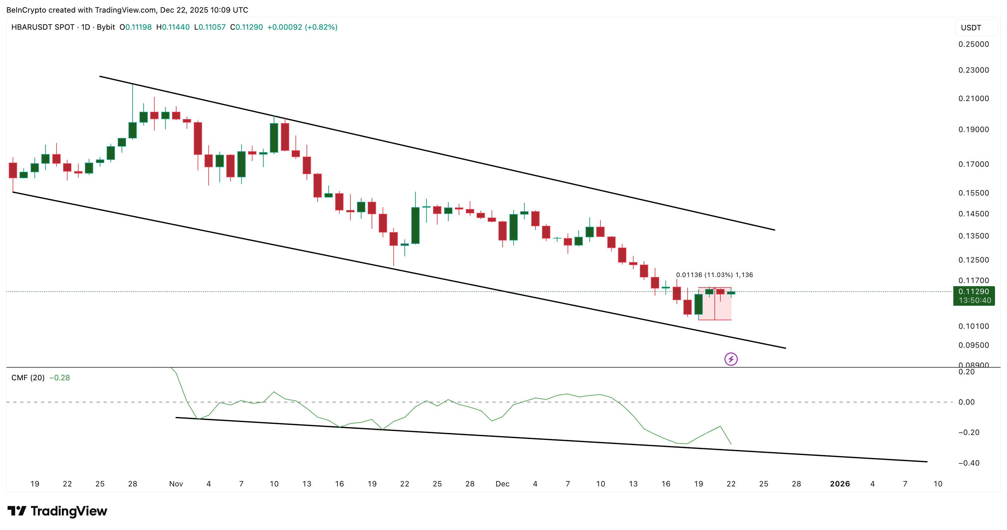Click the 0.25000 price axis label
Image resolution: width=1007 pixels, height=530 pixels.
pyautogui.click(x=974, y=44)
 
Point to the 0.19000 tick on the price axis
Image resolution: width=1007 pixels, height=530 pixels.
pyautogui.click(x=974, y=129)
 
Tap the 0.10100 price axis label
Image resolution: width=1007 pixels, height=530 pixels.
pyautogui.click(x=974, y=326)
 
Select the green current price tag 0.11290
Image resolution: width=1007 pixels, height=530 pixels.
pyautogui.click(x=974, y=292)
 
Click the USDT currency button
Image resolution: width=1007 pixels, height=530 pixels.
pyautogui.click(x=971, y=28)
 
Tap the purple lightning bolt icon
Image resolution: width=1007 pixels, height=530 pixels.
pyautogui.click(x=730, y=359)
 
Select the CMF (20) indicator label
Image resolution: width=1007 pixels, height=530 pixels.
pyautogui.click(x=28, y=378)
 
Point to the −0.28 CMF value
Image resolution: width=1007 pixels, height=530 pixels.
pyautogui.click(x=59, y=378)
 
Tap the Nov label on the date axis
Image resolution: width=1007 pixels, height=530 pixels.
pyautogui.click(x=176, y=484)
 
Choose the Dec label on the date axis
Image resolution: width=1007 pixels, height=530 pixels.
pyautogui.click(x=502, y=484)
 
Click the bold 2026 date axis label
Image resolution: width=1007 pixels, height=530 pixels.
pyautogui.click(x=840, y=484)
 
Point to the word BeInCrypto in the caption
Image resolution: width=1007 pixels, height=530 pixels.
pyautogui.click(x=27, y=10)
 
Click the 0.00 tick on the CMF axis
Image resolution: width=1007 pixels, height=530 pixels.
pyautogui.click(x=966, y=402)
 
